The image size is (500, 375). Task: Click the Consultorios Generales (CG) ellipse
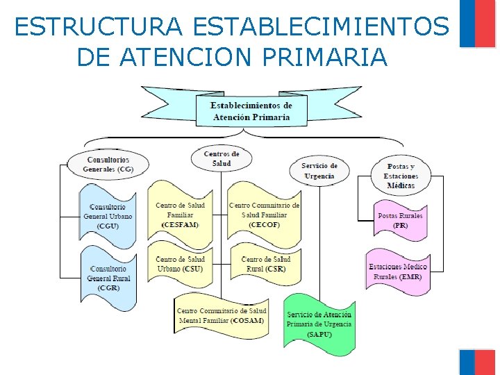tap(108, 164)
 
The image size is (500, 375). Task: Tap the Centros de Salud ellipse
tap(222, 158)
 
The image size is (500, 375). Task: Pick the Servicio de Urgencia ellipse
tap(319, 171)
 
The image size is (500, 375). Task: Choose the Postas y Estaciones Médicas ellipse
tap(401, 176)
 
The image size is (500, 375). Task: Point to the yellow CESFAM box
tap(180, 215)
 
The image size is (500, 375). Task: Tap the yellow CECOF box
tap(264, 215)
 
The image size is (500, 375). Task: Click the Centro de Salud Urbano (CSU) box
tap(180, 264)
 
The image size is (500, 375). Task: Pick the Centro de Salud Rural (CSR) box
tap(264, 264)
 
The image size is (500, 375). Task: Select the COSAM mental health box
tap(222, 316)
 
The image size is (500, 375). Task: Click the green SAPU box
tap(319, 324)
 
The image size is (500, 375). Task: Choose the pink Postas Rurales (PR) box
tap(400, 220)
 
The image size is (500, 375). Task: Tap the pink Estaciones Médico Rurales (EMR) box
tap(398, 272)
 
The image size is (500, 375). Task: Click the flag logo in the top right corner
tap(477, 24)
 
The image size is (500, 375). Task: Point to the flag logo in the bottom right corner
tap(477, 362)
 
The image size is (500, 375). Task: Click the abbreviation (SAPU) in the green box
tap(319, 335)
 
